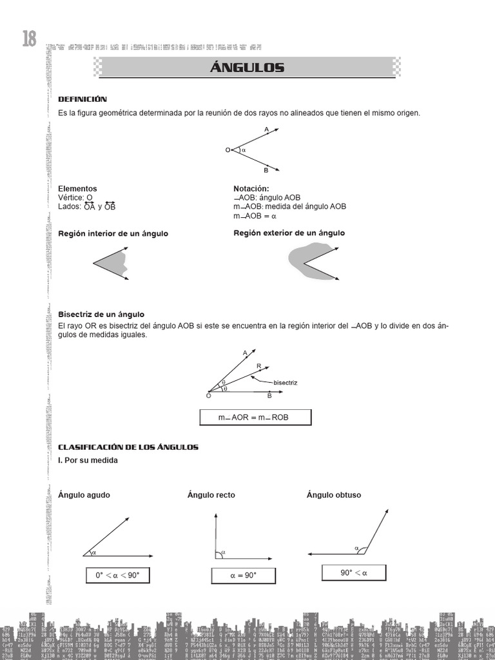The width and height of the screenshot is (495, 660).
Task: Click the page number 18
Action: [29, 39]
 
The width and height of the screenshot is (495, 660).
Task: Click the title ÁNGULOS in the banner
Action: [247, 68]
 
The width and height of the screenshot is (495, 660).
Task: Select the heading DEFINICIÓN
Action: [82, 99]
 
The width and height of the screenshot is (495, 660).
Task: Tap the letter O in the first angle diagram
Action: [228, 150]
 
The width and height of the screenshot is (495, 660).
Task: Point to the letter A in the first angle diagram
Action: [266, 129]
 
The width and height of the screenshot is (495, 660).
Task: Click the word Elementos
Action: [77, 189]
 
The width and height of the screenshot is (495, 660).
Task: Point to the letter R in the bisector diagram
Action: [258, 365]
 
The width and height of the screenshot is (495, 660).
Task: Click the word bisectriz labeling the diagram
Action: [286, 383]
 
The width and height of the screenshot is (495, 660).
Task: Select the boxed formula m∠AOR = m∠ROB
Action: [255, 418]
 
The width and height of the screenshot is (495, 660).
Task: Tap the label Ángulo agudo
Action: [84, 495]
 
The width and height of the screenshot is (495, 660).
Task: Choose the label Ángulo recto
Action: [211, 495]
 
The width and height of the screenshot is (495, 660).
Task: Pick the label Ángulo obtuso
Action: [334, 495]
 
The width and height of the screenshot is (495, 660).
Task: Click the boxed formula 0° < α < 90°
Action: [117, 575]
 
